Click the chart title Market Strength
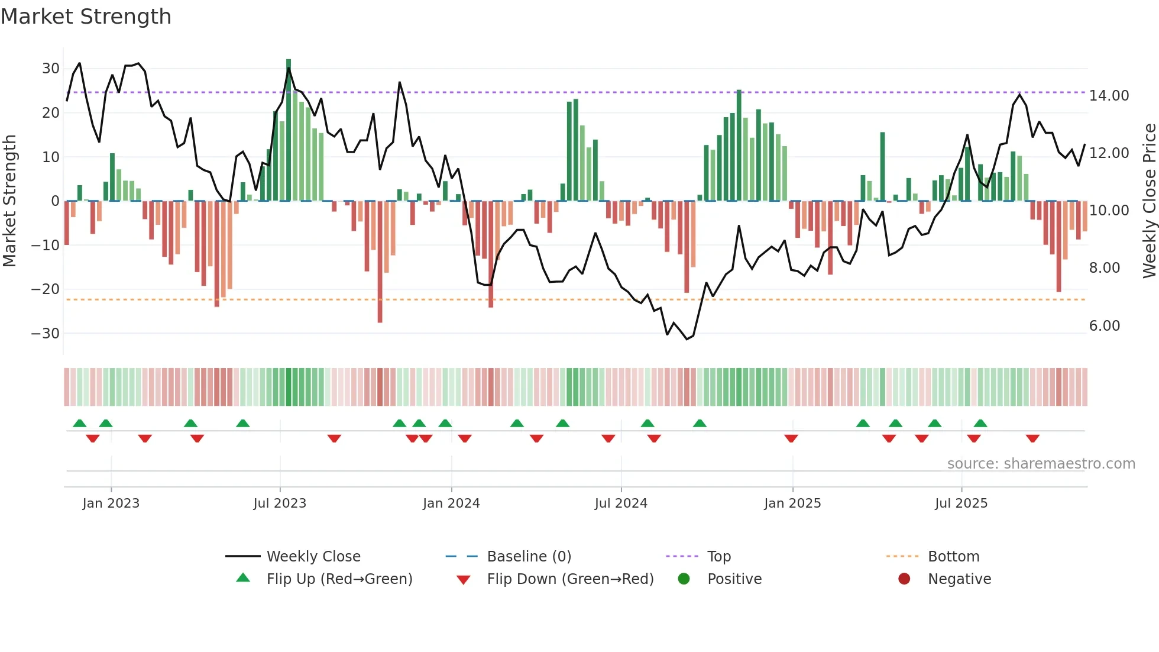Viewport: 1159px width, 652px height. point(86,17)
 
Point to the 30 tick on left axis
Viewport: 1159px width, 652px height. point(50,69)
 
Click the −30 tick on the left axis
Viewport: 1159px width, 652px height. point(46,334)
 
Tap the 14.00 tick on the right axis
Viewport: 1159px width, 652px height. point(1109,96)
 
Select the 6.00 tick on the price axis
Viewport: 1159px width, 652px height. point(1104,326)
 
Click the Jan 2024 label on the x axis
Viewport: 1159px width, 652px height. point(451,503)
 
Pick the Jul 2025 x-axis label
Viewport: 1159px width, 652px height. point(961,503)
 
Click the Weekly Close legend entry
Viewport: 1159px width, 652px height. point(313,557)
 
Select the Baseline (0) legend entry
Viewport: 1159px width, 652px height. point(529,557)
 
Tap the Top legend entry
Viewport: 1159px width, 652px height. point(718,557)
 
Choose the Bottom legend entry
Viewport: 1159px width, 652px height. point(953,557)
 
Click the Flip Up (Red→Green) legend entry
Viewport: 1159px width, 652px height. point(339,579)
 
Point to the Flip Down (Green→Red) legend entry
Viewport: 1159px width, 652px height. point(570,579)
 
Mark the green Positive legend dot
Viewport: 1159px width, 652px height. point(684,579)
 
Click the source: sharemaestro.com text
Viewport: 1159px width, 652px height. point(1041,464)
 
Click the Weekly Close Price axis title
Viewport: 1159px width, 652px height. point(1149,201)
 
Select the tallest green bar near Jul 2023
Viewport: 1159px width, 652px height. point(289,130)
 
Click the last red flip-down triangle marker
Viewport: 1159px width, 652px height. point(1032,438)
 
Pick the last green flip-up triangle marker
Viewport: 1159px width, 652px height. point(980,423)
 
